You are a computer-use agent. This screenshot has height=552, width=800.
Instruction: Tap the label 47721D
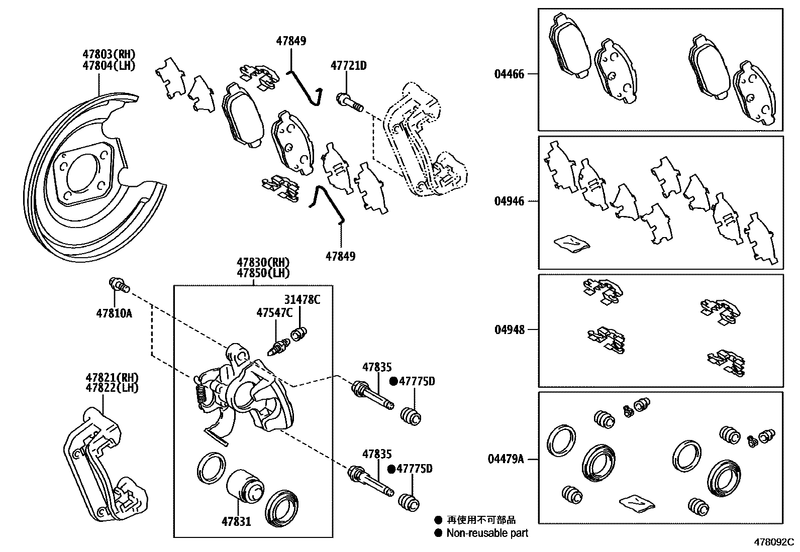click(x=348, y=65)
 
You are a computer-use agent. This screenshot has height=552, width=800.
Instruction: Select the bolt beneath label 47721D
click(x=350, y=102)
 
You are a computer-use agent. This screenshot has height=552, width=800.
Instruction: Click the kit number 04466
click(x=509, y=74)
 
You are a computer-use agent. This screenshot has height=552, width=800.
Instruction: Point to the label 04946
click(x=509, y=201)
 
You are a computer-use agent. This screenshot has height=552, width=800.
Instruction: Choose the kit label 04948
click(x=509, y=329)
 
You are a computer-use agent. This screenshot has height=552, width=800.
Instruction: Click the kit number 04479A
click(x=506, y=459)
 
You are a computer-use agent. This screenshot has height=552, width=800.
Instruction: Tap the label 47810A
click(x=114, y=313)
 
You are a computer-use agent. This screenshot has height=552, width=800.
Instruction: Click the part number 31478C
click(x=303, y=300)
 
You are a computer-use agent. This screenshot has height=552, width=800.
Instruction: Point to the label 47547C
click(x=274, y=313)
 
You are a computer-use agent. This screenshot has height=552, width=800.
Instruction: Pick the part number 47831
click(x=236, y=521)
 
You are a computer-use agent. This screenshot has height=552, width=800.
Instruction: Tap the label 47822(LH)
click(x=112, y=388)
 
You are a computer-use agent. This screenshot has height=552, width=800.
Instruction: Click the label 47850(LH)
click(x=263, y=273)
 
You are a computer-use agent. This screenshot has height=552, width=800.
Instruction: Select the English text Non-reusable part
click(x=487, y=533)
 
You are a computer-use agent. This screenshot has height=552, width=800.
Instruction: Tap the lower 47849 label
click(x=340, y=256)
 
